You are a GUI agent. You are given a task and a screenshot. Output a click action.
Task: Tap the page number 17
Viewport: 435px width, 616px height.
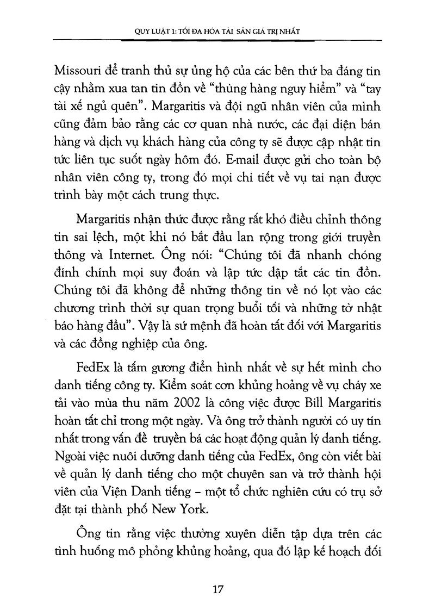point(217,590)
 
